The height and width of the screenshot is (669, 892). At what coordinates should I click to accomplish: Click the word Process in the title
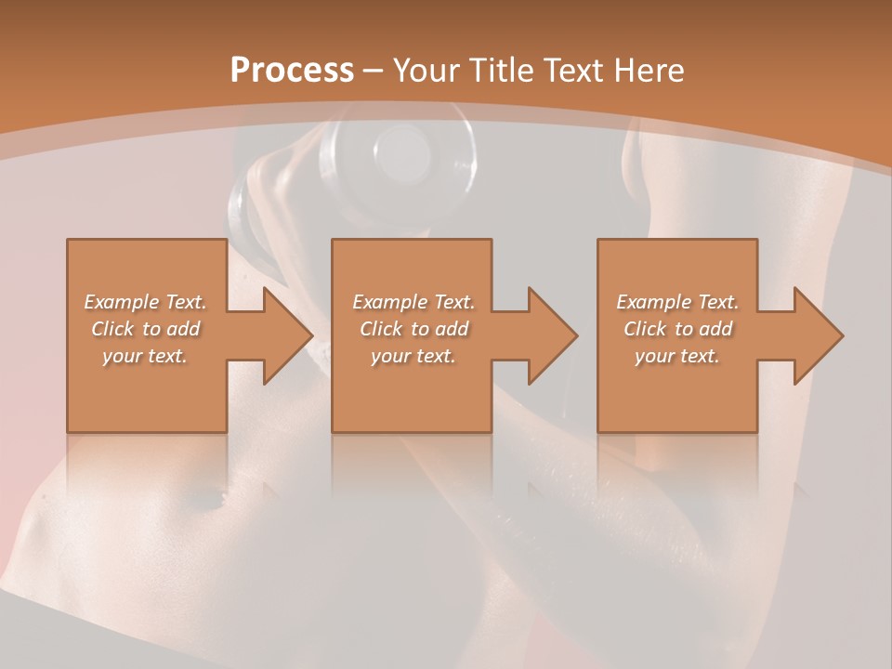(x=292, y=71)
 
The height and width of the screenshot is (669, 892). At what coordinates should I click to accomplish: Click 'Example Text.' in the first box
(x=145, y=302)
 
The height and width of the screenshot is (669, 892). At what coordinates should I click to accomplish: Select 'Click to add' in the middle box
(x=413, y=329)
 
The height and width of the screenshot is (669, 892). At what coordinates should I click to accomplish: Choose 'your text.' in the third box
(x=677, y=356)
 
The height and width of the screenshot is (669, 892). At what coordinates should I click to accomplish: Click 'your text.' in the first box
(x=145, y=356)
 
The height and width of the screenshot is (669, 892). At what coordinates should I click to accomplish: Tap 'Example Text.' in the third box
(x=677, y=302)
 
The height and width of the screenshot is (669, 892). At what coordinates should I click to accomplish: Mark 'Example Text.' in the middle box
(x=413, y=302)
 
